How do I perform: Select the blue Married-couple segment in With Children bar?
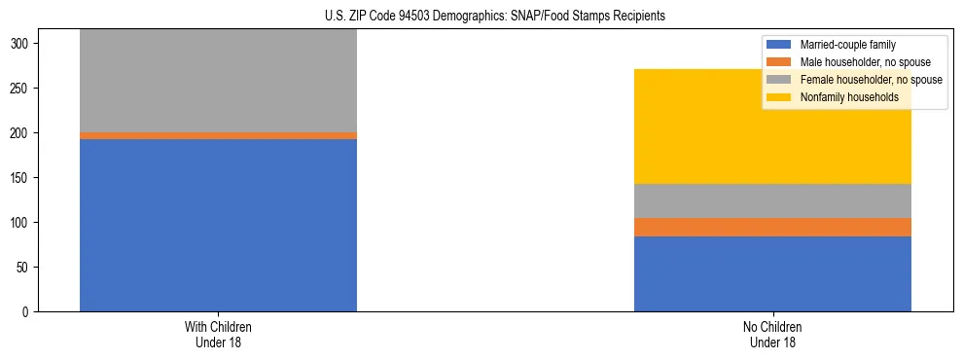pos(218,225)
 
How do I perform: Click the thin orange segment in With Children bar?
pos(218,135)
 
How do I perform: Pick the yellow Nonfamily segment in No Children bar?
pos(772,126)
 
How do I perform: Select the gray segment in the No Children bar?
pos(772,200)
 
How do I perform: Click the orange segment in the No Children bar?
pos(772,227)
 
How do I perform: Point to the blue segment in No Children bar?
pos(772,273)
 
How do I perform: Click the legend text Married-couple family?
pos(847,45)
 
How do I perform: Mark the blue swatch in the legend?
pos(779,45)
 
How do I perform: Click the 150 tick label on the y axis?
pos(23,178)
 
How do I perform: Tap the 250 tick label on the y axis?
pos(23,89)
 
